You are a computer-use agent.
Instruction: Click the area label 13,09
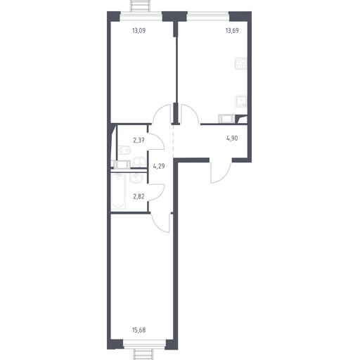click(x=139, y=31)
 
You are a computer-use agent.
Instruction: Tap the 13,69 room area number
click(x=232, y=31)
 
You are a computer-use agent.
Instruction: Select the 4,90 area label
click(x=232, y=139)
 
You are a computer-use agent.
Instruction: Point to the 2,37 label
click(x=139, y=141)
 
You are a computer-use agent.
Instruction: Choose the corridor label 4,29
click(x=159, y=167)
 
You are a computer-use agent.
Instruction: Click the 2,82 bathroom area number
click(x=139, y=196)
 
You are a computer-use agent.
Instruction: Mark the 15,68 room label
click(x=139, y=330)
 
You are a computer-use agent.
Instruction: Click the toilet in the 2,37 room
click(x=124, y=150)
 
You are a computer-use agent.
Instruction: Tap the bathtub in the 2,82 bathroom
click(x=118, y=191)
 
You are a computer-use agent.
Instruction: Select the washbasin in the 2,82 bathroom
click(x=136, y=178)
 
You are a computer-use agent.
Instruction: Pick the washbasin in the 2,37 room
click(x=140, y=162)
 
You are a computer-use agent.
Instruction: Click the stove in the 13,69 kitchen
click(x=241, y=63)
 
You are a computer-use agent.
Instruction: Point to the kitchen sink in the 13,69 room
click(x=241, y=101)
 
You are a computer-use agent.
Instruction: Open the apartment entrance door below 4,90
click(x=221, y=172)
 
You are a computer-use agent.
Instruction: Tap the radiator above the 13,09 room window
click(x=141, y=6)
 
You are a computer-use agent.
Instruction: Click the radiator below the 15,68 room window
click(x=144, y=354)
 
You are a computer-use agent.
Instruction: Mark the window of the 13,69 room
click(x=208, y=16)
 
